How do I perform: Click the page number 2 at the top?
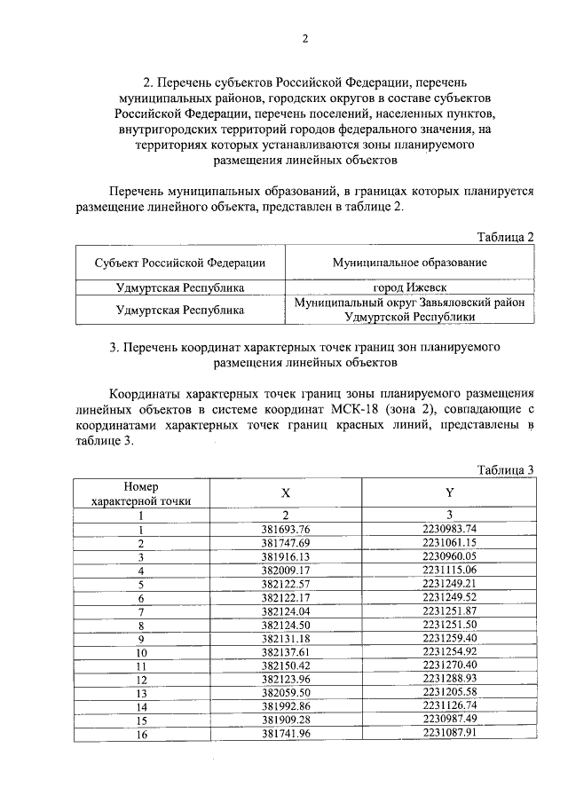point(304,38)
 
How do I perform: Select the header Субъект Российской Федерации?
point(180,263)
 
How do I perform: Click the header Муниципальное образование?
point(409,263)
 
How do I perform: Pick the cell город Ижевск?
point(409,287)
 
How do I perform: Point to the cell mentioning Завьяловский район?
point(409,309)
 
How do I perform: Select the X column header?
point(285,493)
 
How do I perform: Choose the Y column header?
point(450,493)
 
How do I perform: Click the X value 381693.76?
point(285,530)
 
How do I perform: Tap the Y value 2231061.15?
point(450,542)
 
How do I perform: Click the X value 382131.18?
point(285,638)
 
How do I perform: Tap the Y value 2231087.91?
point(450,734)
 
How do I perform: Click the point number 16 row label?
point(140,734)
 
